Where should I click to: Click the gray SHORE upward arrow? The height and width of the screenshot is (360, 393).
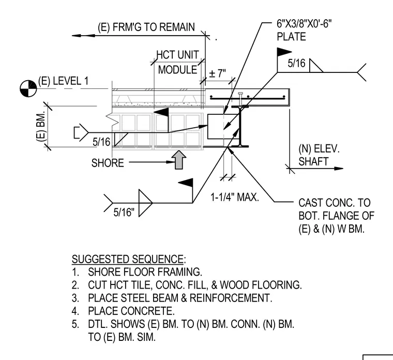click(179, 160)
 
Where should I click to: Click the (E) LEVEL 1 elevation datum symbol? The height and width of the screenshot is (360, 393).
click(28, 88)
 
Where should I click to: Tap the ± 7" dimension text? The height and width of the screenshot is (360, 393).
click(217, 73)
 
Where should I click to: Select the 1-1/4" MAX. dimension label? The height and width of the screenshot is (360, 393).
click(235, 197)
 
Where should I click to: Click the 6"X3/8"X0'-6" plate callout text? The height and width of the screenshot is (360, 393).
click(304, 24)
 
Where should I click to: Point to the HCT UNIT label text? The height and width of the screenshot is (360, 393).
click(177, 55)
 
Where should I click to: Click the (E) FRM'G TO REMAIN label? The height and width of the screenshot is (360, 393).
click(146, 27)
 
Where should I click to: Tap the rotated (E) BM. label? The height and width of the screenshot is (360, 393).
click(41, 127)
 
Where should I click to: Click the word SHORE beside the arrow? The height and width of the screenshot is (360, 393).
click(108, 163)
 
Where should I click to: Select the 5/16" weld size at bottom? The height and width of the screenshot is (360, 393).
click(124, 213)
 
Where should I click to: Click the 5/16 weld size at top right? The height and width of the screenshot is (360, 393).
click(296, 63)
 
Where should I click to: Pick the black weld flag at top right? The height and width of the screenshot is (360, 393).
click(284, 52)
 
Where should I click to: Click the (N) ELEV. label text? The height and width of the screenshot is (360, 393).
click(319, 149)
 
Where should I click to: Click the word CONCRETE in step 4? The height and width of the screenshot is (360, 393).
click(147, 311)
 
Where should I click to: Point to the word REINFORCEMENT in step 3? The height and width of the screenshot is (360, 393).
click(231, 298)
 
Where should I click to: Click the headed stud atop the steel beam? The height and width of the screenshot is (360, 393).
click(240, 99)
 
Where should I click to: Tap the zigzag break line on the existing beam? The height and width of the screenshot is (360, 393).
click(112, 120)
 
